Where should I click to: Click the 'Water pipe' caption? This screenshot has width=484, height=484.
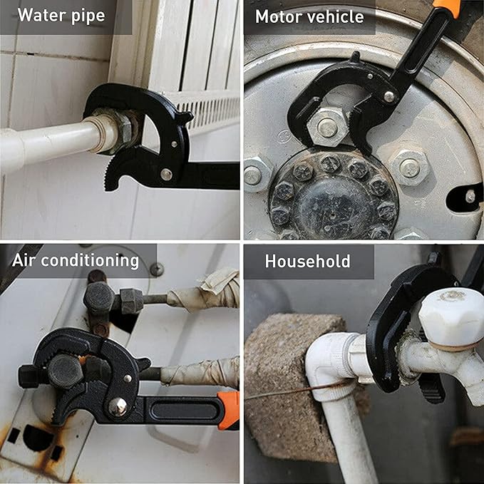tap(61, 16)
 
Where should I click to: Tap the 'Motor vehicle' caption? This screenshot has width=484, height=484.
tap(309, 16)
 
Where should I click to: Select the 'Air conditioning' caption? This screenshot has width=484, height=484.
tap(76, 260)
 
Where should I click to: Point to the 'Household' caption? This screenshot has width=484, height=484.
tap(307, 261)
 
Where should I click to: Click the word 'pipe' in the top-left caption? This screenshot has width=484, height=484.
tap(87, 16)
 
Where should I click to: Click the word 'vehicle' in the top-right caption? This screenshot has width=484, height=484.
tap(337, 16)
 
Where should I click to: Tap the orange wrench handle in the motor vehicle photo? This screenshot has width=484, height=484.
tap(447, 7)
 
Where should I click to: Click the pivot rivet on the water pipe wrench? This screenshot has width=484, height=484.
tap(166, 173)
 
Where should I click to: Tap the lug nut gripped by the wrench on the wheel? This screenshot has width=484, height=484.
tap(327, 127)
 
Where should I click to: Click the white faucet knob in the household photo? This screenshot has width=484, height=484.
tap(450, 314)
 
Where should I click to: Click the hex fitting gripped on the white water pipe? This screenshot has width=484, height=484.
tap(124, 131)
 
